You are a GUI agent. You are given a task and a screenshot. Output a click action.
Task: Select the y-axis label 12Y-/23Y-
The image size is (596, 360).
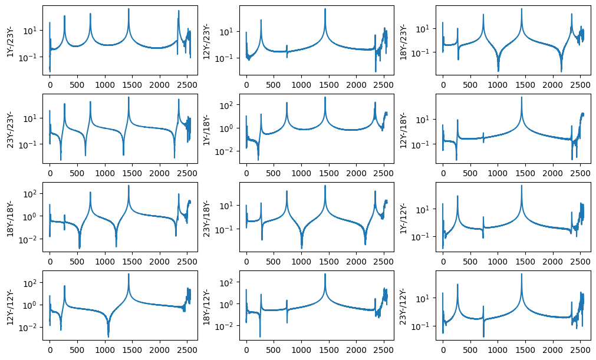[206, 41]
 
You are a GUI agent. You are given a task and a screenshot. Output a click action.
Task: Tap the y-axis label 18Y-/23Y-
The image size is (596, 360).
[403, 41]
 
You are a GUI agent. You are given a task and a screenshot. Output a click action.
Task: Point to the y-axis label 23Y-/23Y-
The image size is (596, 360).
[10, 129]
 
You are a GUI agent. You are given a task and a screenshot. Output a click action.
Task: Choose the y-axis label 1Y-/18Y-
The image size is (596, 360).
[206, 129]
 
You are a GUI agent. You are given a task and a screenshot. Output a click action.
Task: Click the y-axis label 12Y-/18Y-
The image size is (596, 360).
[403, 129]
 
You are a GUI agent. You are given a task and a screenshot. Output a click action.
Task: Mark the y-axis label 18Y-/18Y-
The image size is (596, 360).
[10, 217]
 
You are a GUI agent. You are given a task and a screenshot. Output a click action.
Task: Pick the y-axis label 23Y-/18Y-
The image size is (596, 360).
[206, 217]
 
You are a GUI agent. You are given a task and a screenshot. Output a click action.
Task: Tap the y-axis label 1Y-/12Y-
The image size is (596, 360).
[403, 217]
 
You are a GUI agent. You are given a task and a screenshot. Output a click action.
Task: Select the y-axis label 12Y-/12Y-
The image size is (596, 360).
[10, 306]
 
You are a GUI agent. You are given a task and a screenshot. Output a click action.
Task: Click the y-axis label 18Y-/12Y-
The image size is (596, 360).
[206, 306]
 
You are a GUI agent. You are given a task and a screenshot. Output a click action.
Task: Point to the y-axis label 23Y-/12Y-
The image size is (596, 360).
[403, 306]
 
